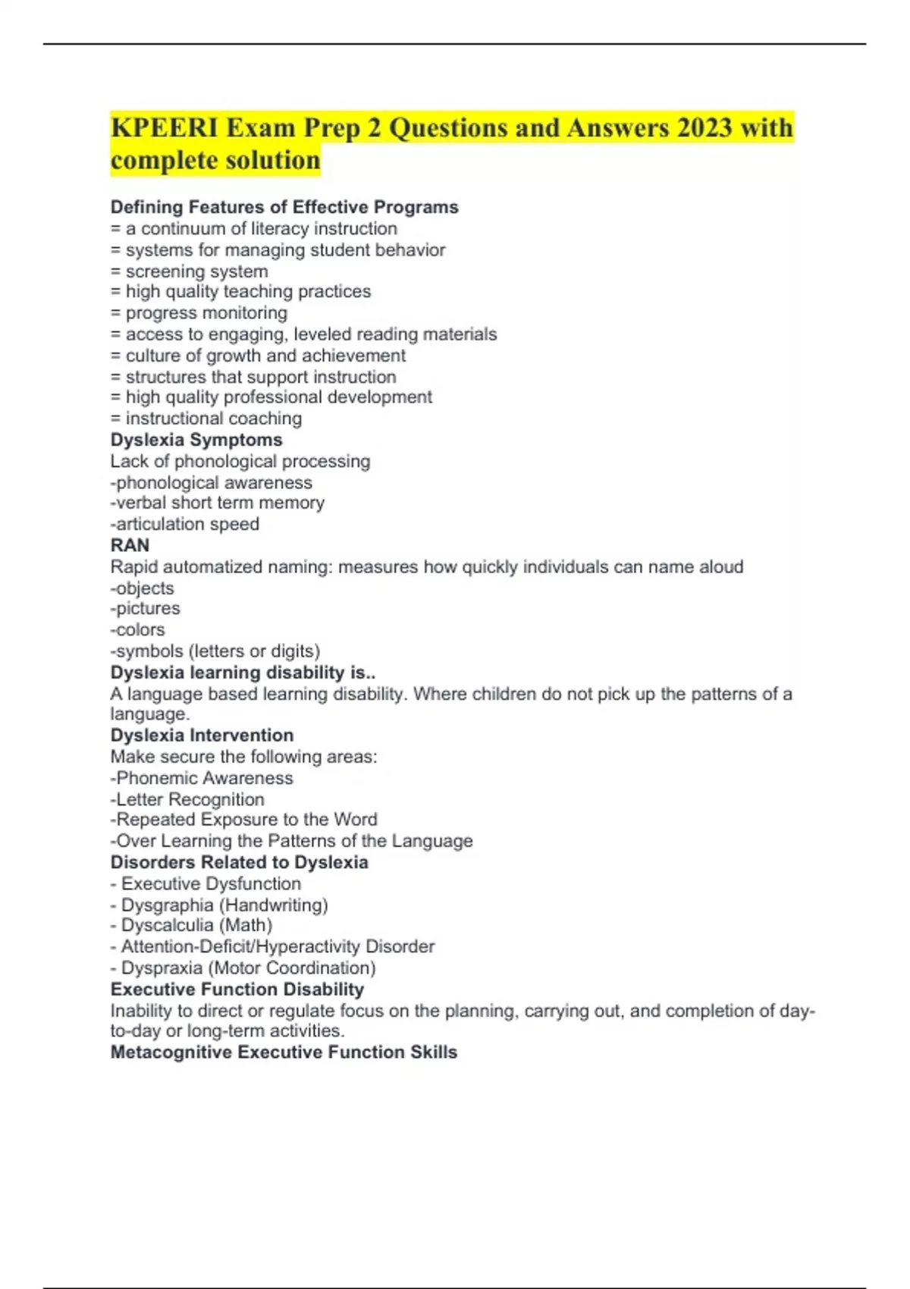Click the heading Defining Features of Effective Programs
(284, 207)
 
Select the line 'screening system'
(196, 271)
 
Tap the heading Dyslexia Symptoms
(196, 440)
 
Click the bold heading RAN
(130, 545)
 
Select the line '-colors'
(137, 630)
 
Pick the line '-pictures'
(145, 609)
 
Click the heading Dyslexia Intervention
(202, 735)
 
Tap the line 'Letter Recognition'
(190, 799)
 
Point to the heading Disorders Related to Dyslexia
(239, 862)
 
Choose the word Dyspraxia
(162, 968)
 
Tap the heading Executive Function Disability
(237, 989)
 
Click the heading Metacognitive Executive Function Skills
(284, 1052)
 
